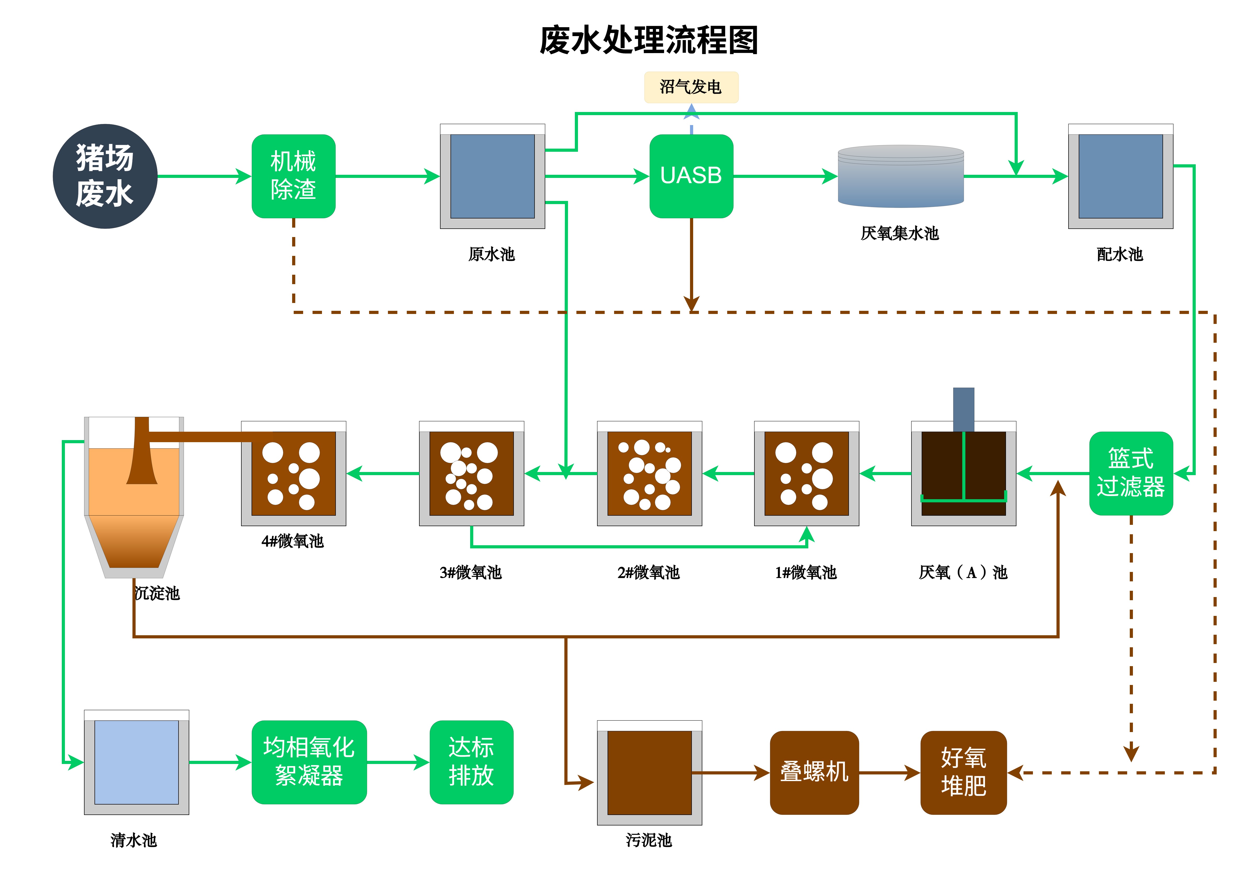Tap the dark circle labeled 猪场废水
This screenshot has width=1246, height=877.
105,176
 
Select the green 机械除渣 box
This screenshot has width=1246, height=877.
294,176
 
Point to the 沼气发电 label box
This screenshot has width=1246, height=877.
691,87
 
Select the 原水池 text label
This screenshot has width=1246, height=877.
492,254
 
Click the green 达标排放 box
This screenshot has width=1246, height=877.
471,762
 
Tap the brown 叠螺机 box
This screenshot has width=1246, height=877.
814,772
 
